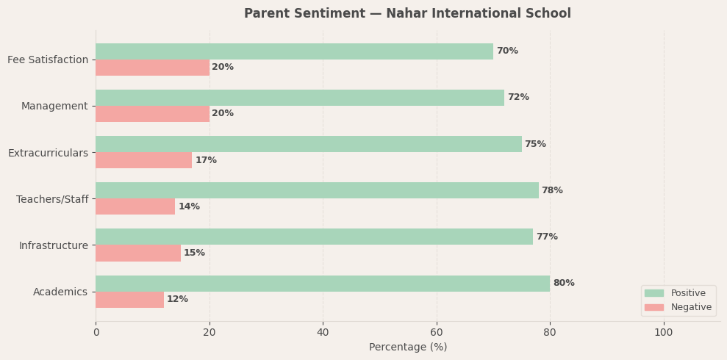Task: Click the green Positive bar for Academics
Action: click(x=323, y=284)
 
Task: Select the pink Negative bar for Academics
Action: click(x=129, y=300)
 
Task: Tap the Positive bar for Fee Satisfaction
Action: click(x=294, y=51)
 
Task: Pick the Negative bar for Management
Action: click(x=152, y=114)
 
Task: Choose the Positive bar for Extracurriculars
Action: click(x=309, y=144)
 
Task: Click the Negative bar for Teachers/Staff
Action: click(x=135, y=206)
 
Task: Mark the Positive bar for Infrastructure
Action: click(x=314, y=237)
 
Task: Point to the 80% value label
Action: click(x=564, y=284)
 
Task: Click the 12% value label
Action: click(x=178, y=300)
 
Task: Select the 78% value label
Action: click(x=552, y=191)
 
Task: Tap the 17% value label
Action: click(x=206, y=160)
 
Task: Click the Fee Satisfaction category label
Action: click(x=48, y=60)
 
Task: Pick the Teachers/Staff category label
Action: click(x=52, y=199)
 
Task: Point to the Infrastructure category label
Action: click(x=54, y=245)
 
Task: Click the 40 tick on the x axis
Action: click(x=323, y=333)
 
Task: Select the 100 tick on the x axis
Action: click(x=664, y=333)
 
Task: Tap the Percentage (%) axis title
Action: click(x=408, y=348)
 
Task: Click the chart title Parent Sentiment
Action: click(x=407, y=14)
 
